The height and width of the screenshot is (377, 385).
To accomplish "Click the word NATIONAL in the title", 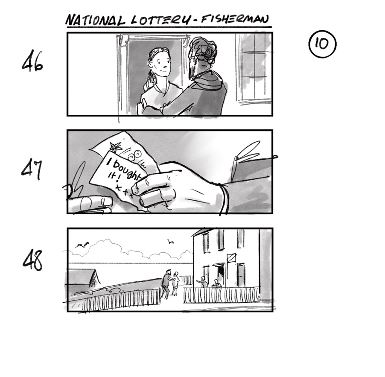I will tap(94, 20).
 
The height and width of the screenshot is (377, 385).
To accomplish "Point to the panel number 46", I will tap(32, 62).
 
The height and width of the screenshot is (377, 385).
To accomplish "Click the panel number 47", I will tap(32, 170).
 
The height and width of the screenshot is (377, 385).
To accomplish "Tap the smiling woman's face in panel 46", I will tap(160, 64).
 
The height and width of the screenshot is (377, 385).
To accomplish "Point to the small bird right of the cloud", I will tap(171, 242).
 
